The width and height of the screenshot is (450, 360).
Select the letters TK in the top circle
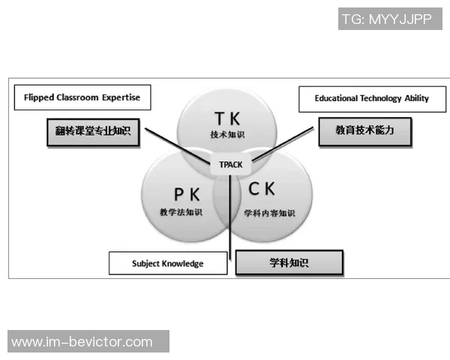tap(228, 119)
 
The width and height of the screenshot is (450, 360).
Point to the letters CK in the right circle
tap(267, 190)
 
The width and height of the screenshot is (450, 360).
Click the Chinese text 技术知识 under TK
tap(227, 135)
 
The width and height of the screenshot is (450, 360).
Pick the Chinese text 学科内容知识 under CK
tap(270, 213)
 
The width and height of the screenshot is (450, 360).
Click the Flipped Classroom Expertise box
tap(82, 97)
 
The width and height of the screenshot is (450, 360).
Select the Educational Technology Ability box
tap(361, 98)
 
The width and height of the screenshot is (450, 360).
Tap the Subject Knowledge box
tap(167, 263)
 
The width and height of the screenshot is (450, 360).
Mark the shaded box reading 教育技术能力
tap(365, 130)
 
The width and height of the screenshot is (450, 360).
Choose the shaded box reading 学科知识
tap(289, 262)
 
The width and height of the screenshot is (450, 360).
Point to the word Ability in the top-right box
tap(414, 98)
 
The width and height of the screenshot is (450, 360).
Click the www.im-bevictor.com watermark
tap(82, 342)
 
